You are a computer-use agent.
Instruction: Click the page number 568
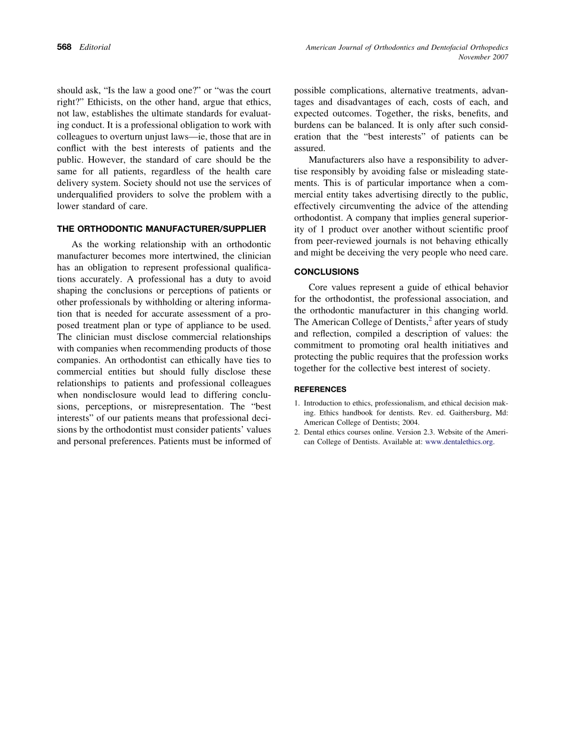click(x=64, y=47)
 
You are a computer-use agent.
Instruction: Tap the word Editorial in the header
click(x=95, y=47)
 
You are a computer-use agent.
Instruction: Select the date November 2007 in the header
click(x=483, y=57)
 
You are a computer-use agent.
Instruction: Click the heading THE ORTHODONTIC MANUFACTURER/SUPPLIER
click(x=161, y=228)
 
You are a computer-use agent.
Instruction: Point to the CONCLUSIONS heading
click(x=327, y=272)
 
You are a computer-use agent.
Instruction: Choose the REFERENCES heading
click(x=321, y=389)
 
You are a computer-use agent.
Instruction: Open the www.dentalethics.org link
click(x=460, y=442)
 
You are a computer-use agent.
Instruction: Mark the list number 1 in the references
click(x=297, y=403)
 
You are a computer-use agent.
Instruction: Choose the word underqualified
click(x=85, y=194)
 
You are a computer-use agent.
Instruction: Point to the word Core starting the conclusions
click(x=319, y=287)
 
